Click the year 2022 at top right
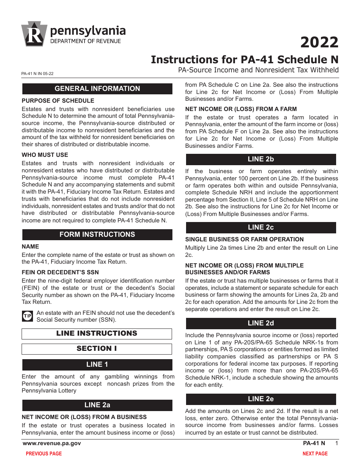tap(319, 42)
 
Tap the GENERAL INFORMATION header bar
tap(97, 89)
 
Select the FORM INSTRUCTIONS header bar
tap(97, 235)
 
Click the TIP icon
tap(28, 316)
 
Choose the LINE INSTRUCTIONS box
tap(97, 333)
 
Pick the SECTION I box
tap(97, 349)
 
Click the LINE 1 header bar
tap(97, 364)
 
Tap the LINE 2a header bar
tap(97, 405)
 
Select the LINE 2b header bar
tap(260, 159)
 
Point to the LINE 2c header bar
tap(260, 227)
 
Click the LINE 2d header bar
tap(260, 323)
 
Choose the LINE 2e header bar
tap(260, 399)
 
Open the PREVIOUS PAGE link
tap(44, 453)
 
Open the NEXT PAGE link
tap(315, 453)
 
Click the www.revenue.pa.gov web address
tap(52, 443)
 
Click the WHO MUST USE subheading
tap(45, 155)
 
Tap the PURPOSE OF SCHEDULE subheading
tap(58, 101)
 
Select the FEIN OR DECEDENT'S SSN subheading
tap(60, 272)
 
